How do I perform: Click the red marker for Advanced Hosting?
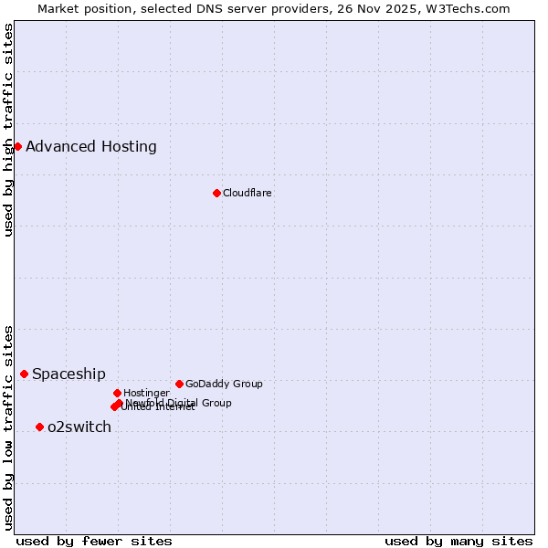[17, 146]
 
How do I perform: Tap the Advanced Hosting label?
[91, 146]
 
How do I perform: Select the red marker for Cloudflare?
[216, 193]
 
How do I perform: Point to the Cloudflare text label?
[248, 193]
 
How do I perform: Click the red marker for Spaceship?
[24, 374]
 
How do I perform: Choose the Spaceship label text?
[69, 374]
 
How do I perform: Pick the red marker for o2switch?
[39, 427]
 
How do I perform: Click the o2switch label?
[79, 427]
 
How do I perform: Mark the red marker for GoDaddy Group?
[179, 384]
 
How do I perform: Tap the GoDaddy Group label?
[224, 384]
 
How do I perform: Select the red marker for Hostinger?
[117, 393]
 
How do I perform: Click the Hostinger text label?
[146, 393]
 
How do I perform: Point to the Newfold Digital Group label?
[179, 403]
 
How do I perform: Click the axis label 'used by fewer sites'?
[94, 541]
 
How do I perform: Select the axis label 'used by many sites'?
[458, 541]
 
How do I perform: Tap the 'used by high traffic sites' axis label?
[8, 130]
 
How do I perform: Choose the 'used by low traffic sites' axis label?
[8, 427]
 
